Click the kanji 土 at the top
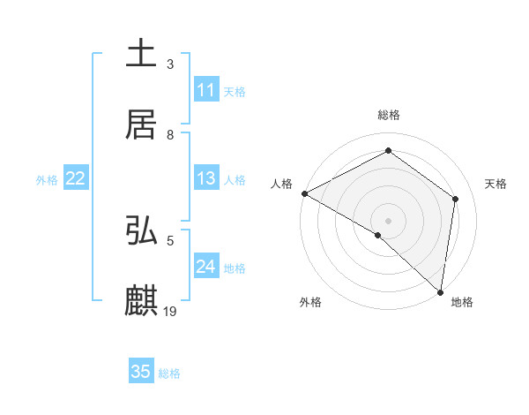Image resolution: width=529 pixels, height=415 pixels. (142, 53)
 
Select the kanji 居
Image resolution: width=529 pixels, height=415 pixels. (142, 124)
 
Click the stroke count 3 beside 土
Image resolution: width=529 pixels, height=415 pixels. (170, 64)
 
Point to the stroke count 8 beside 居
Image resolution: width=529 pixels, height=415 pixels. (170, 134)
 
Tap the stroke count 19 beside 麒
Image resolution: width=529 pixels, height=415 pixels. (171, 311)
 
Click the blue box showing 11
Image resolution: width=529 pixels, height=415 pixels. (206, 90)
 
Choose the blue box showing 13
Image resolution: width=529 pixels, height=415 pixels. (206, 178)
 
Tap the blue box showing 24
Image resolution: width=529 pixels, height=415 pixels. (206, 267)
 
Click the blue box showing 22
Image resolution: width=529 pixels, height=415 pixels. (76, 178)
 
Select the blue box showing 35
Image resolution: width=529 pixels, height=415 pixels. (141, 372)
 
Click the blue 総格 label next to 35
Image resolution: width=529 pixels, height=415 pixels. (169, 373)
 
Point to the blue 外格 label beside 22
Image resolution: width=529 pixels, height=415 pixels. (47, 180)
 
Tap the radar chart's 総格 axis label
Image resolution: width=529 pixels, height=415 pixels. (389, 115)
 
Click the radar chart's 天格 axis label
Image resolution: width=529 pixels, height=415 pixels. (495, 184)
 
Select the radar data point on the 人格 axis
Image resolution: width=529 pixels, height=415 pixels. (304, 193)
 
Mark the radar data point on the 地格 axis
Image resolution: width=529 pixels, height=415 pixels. (440, 291)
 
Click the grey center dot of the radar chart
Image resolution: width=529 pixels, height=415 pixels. (388, 220)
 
